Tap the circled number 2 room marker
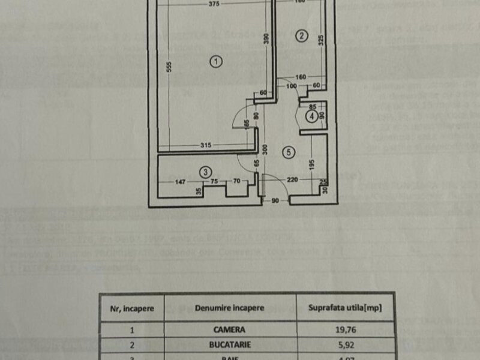point(301,35)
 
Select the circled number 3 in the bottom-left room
point(205,170)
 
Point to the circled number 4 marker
point(311,116)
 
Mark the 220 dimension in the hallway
point(292,179)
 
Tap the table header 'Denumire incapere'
point(229,308)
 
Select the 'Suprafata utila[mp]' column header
point(345,308)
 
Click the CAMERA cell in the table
point(229,329)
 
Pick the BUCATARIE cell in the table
point(229,345)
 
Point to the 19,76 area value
point(345,329)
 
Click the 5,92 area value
point(345,345)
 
